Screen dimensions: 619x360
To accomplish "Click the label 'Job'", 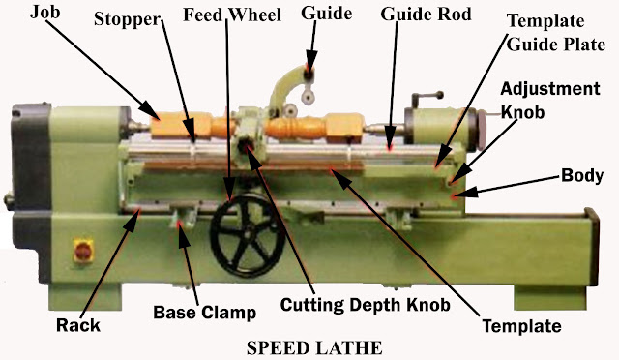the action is [x=45, y=13].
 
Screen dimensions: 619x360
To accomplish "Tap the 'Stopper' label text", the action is [x=128, y=19].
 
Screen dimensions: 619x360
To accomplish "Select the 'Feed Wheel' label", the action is [x=232, y=15].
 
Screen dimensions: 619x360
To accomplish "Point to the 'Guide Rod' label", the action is [x=426, y=15].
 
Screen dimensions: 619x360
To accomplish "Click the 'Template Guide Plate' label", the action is [x=556, y=33].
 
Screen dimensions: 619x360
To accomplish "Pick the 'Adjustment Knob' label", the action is [x=550, y=101].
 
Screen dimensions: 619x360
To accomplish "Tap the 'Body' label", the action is [x=582, y=175].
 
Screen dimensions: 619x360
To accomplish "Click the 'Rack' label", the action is [x=78, y=325].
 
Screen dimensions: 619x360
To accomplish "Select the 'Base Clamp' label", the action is [x=204, y=313].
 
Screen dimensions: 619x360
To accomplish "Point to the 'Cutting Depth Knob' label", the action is [x=366, y=305].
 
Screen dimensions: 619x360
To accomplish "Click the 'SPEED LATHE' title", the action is [x=314, y=348].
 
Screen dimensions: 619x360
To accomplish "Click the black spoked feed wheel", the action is [x=248, y=235].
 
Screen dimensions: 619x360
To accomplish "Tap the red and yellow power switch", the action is [x=83, y=251].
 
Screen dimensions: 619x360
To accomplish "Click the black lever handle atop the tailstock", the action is [x=427, y=95].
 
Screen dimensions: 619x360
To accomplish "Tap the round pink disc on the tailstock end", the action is [x=484, y=130].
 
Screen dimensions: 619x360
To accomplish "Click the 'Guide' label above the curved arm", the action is [x=327, y=14].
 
